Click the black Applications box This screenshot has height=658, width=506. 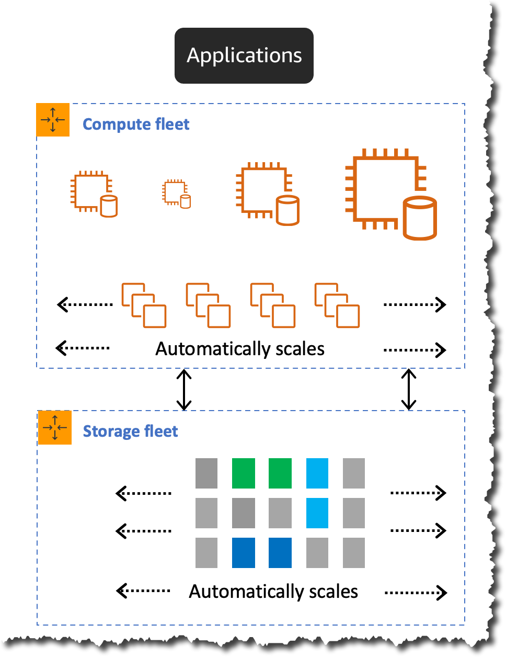(x=244, y=55)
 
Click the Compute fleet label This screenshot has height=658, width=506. (x=136, y=124)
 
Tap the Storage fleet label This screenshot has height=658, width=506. (x=131, y=432)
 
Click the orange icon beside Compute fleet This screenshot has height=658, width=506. (x=53, y=120)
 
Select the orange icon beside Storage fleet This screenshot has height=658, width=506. (x=55, y=428)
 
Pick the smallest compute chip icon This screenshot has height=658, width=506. (x=176, y=194)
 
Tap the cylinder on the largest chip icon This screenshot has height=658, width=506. (x=420, y=218)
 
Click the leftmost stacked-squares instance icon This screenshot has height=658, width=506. (x=144, y=305)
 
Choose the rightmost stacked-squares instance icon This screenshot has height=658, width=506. (x=337, y=305)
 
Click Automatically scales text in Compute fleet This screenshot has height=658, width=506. (x=240, y=349)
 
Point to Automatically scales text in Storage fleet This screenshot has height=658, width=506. (x=273, y=592)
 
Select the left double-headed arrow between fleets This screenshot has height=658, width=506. (x=184, y=390)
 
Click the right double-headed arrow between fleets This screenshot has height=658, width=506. (x=408, y=390)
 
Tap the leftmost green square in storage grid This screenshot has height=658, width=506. (x=244, y=473)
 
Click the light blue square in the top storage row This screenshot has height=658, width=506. (x=317, y=473)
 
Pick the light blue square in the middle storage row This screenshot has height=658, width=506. (x=317, y=513)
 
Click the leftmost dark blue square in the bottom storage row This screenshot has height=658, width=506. (x=244, y=553)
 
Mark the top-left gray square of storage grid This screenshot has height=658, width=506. (x=206, y=473)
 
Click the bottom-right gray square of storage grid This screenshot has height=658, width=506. (x=354, y=553)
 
